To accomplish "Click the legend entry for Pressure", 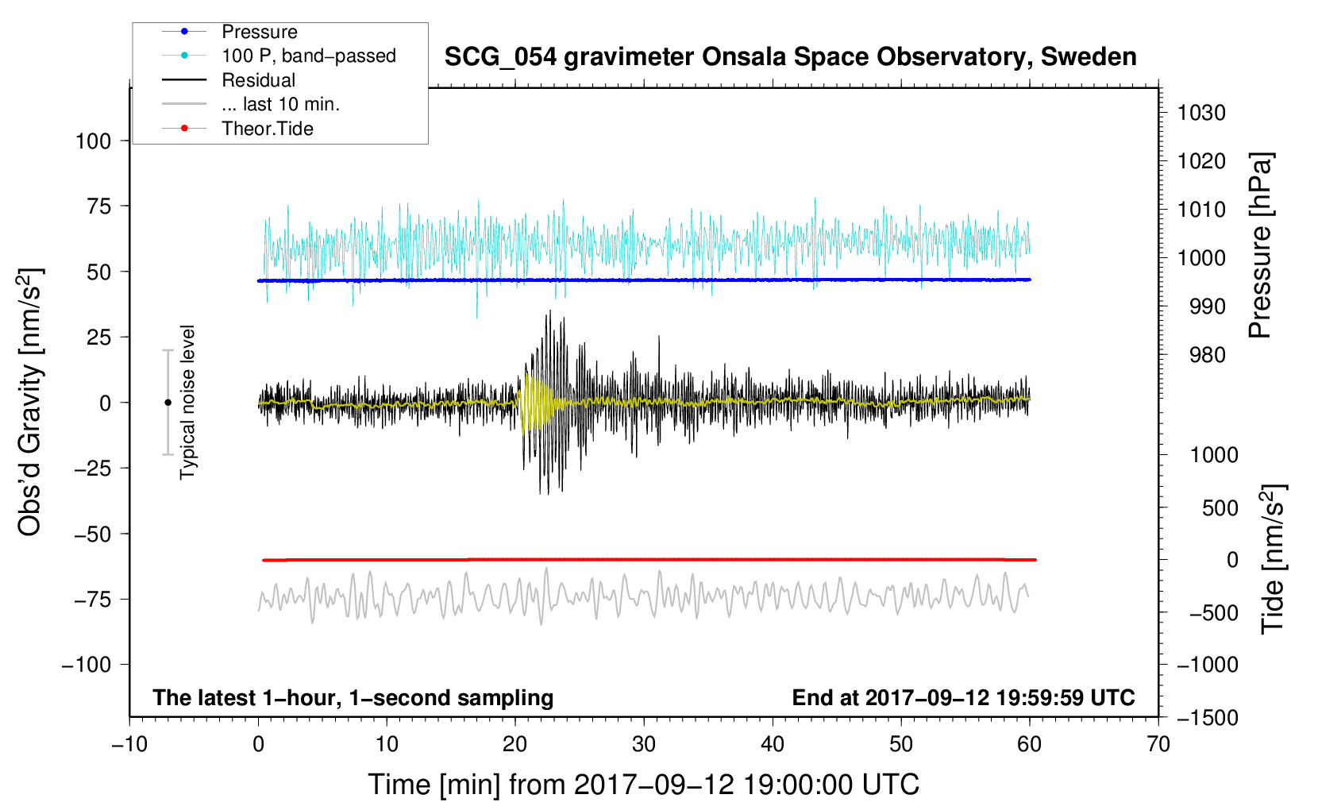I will (x=259, y=32).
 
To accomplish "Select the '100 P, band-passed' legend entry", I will (x=308, y=56).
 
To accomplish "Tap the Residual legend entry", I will (x=258, y=80).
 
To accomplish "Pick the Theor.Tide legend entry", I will (x=267, y=129).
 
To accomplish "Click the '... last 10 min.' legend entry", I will (x=280, y=104).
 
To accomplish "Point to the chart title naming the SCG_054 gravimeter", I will (x=790, y=57).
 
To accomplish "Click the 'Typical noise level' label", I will (x=187, y=402).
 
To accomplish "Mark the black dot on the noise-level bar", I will (x=168, y=403).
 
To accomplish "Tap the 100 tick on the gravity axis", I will (x=93, y=141).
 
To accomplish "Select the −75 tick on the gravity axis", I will (x=92, y=600).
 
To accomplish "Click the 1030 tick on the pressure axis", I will (x=1201, y=113).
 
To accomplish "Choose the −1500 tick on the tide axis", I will (x=1208, y=718).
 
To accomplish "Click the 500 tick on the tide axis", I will (x=1220, y=507).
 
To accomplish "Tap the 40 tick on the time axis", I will (x=773, y=744).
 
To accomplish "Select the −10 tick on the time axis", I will (x=129, y=744).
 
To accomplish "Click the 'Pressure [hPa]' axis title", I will (x=1260, y=245).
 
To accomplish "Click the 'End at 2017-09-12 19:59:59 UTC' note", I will (x=963, y=697).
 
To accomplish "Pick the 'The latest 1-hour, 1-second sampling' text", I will (x=353, y=697).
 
